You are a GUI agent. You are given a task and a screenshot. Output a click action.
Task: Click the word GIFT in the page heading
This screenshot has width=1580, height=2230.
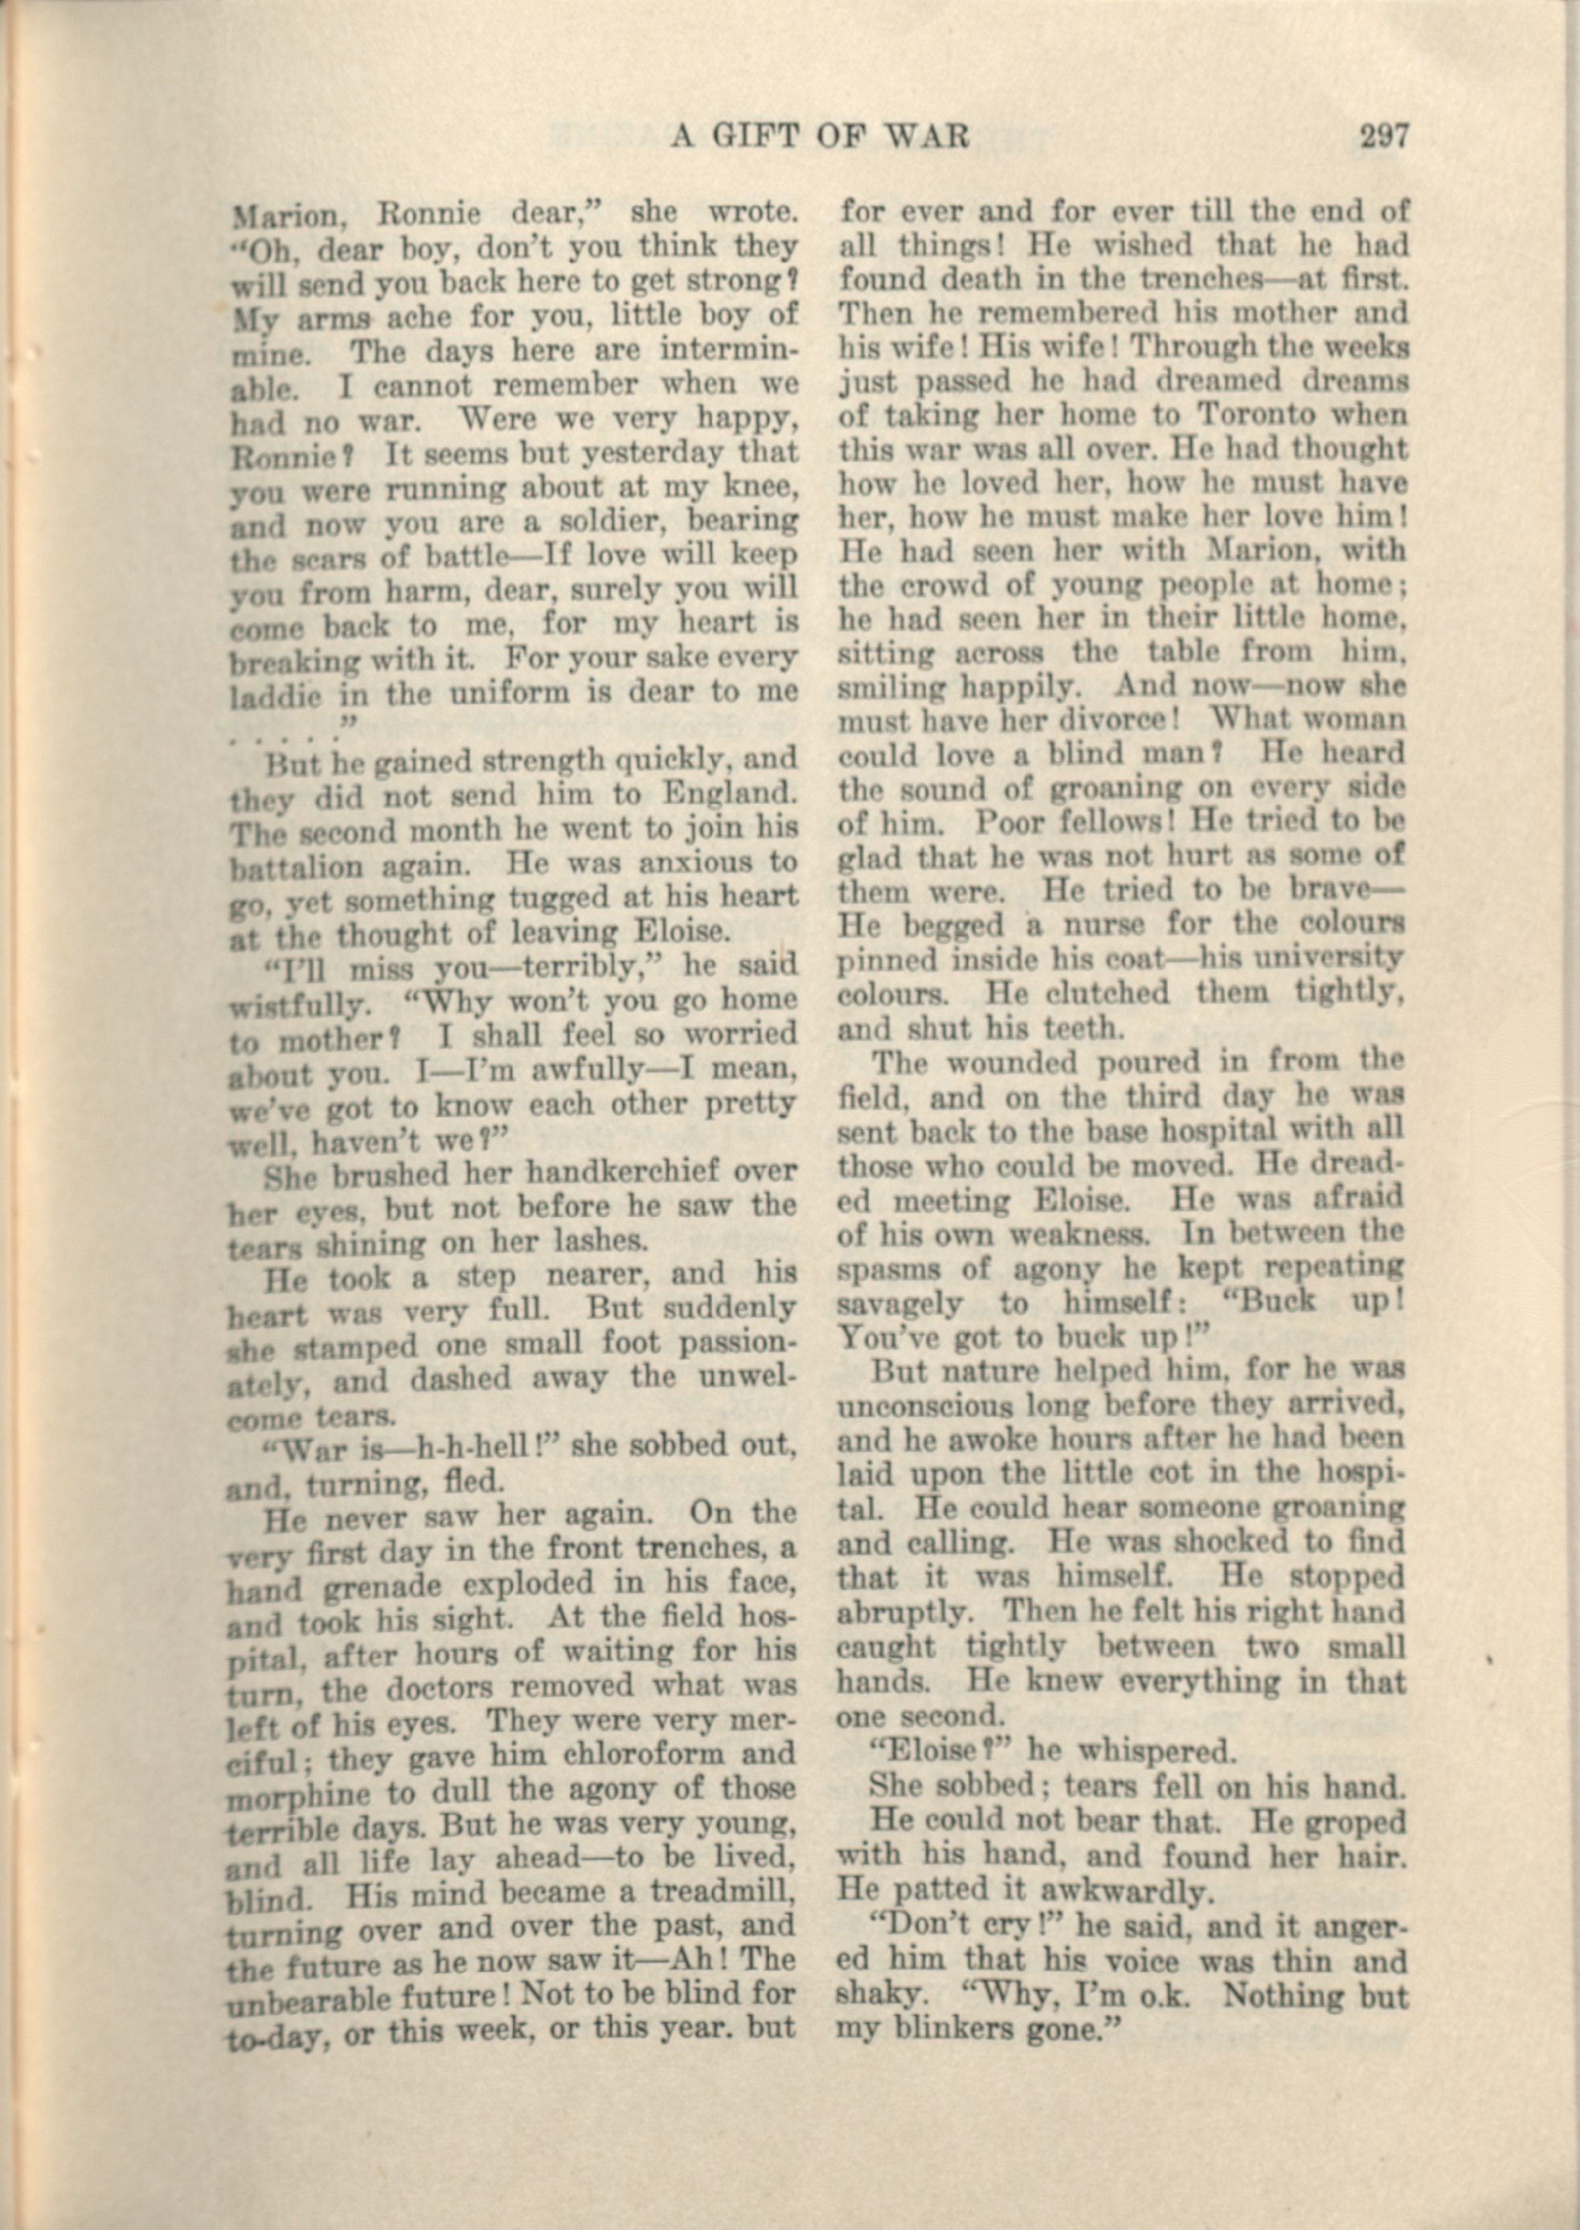(767, 136)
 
